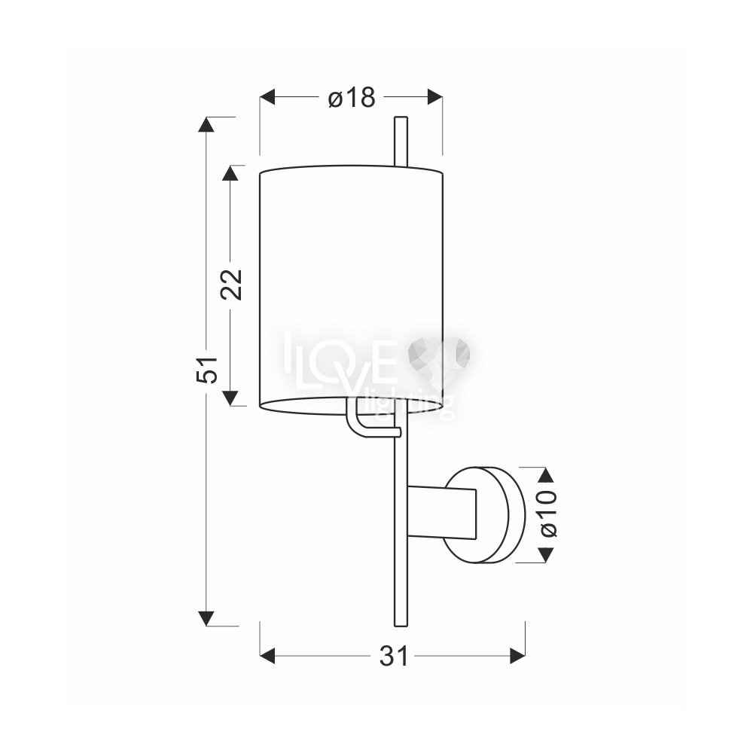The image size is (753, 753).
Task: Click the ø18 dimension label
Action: pos(352,98)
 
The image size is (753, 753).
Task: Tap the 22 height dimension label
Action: pos(231,285)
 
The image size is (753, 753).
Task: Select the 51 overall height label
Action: pos(207,370)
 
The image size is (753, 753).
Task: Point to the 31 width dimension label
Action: pos(394,656)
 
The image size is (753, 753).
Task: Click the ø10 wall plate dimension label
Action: pos(548,514)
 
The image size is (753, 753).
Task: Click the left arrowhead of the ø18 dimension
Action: pos(267,96)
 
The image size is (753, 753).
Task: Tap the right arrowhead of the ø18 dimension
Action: pos(435,96)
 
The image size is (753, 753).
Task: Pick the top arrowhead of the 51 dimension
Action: pos(206,124)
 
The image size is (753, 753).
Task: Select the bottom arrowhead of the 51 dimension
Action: pos(206,619)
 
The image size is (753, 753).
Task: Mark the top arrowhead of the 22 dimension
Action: pos(230,173)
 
